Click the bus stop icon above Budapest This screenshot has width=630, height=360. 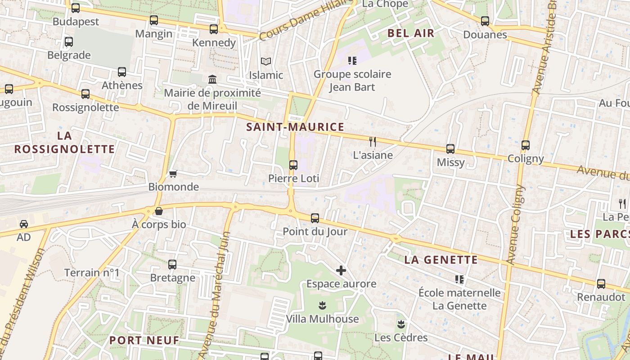tap(76, 8)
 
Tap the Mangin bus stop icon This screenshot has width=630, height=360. tap(154, 20)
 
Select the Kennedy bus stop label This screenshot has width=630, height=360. tap(214, 42)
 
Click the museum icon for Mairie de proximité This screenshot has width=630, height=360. tap(212, 80)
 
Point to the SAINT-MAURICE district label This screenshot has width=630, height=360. tap(295, 127)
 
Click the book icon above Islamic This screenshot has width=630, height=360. tap(266, 61)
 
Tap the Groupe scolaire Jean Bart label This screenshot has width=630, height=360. tap(352, 80)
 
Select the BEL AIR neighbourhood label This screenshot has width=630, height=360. tap(411, 33)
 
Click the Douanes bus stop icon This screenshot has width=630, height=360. tap(485, 21)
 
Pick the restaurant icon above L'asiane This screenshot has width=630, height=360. tap(373, 141)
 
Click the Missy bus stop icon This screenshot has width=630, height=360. tap(450, 149)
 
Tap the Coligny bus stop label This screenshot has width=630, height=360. tap(526, 158)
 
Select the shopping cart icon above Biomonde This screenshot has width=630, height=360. tap(173, 174)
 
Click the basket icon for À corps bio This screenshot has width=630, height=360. tap(158, 211)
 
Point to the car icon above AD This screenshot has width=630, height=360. tap(24, 224)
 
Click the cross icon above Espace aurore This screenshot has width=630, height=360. tap(341, 270)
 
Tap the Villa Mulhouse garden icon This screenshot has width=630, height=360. tap(322, 306)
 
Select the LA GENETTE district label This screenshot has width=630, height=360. tap(441, 260)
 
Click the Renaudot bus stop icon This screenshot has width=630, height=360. tap(601, 284)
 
